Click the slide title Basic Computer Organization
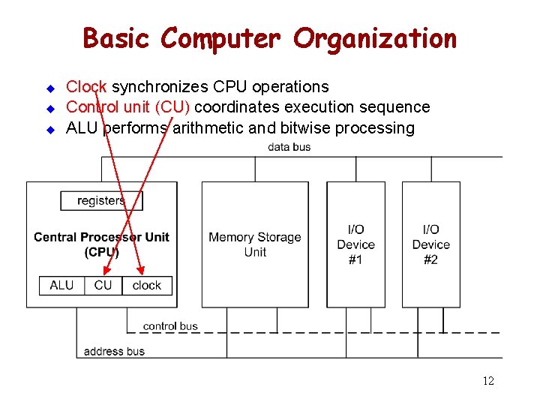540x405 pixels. [x=269, y=37]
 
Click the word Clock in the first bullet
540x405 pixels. [x=87, y=87]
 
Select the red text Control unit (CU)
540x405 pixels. [x=128, y=107]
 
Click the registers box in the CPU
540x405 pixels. [x=101, y=201]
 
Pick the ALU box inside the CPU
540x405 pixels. [x=61, y=285]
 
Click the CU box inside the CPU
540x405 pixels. [x=103, y=285]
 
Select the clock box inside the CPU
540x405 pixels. [x=147, y=285]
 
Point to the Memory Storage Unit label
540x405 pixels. [x=255, y=244]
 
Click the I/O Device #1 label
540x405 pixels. [x=355, y=244]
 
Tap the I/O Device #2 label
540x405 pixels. [x=430, y=244]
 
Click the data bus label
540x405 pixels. [x=289, y=147]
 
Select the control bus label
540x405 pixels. [x=170, y=326]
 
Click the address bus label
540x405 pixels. [x=114, y=351]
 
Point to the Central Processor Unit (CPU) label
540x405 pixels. [x=101, y=244]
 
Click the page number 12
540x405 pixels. [x=488, y=381]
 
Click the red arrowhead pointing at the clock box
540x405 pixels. [x=142, y=270]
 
